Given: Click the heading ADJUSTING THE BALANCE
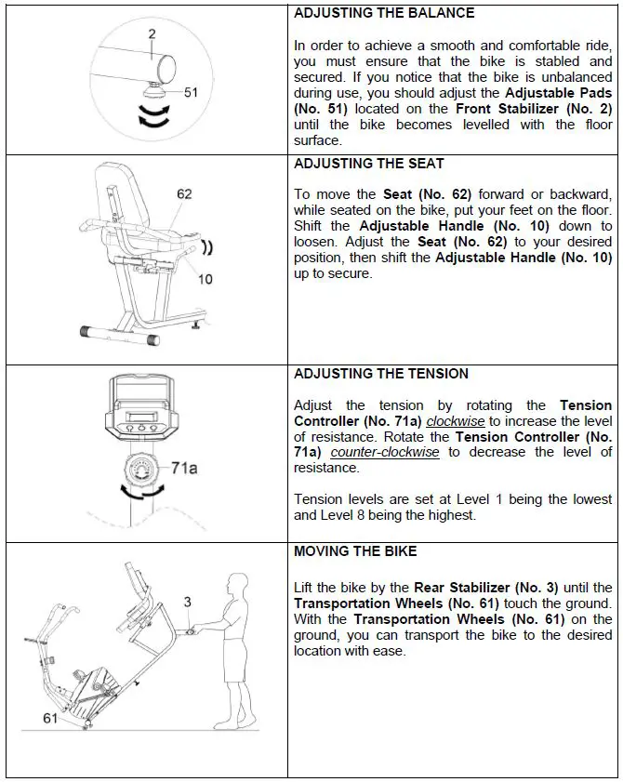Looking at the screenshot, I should pyautogui.click(x=383, y=13).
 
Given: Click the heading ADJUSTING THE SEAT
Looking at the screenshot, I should pyautogui.click(x=368, y=164).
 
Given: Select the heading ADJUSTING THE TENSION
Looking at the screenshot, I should pyautogui.click(x=381, y=374).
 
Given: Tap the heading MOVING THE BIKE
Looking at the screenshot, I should pyautogui.click(x=355, y=551).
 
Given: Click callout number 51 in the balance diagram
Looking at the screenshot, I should pyautogui.click(x=192, y=92).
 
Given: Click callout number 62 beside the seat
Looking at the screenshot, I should pyautogui.click(x=184, y=194).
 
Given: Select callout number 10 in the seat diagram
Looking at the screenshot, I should pyautogui.click(x=205, y=279).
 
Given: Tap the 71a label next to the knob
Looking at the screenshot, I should pyautogui.click(x=184, y=468).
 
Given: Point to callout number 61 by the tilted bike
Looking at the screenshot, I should pyautogui.click(x=52, y=718).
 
